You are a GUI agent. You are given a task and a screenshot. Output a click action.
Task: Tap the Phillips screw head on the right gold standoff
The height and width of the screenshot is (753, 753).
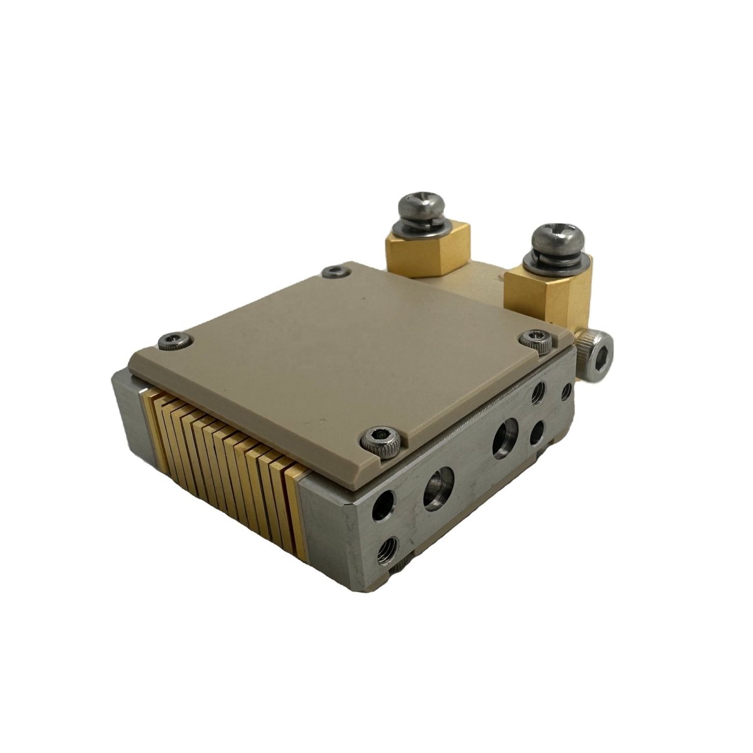tap(558, 236)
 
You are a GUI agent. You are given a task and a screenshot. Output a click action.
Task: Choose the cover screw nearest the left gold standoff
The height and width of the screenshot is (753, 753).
tap(334, 271)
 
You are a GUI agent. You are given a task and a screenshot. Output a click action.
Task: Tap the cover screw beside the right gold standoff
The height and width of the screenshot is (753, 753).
tap(535, 341)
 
